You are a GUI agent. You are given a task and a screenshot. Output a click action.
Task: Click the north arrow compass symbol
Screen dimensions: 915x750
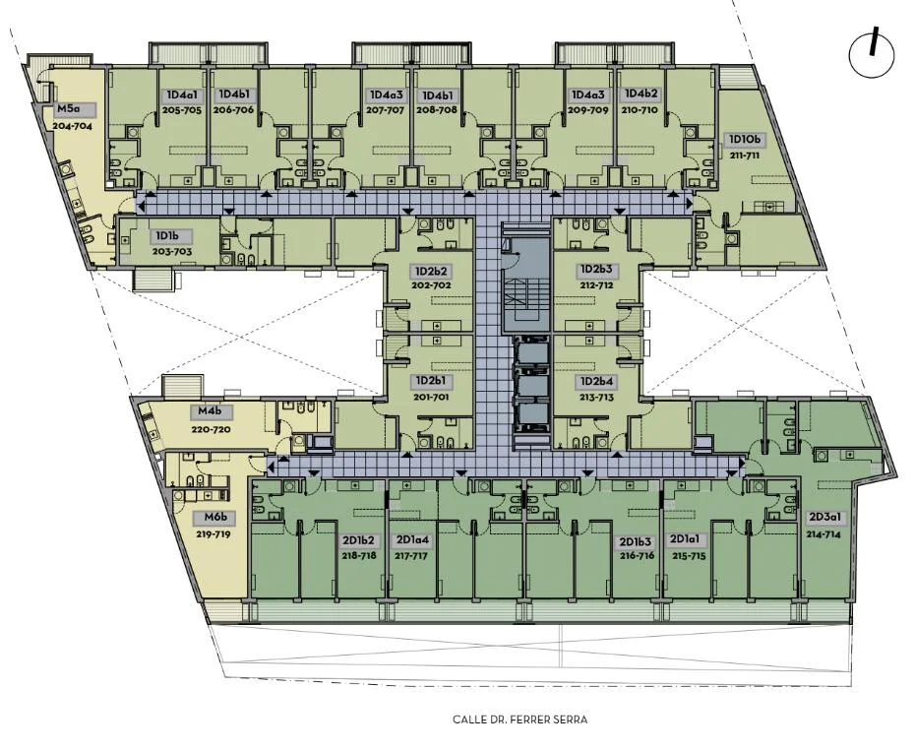[x=872, y=54]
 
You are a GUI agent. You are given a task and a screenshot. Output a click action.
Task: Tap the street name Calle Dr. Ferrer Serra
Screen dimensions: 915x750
[x=519, y=719]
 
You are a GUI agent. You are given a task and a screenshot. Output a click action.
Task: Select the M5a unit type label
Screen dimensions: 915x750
[x=67, y=108]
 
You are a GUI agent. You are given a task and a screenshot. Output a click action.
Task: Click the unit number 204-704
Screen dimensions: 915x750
[x=73, y=125]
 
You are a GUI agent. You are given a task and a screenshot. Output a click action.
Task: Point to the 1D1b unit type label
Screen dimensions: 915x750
[x=165, y=236]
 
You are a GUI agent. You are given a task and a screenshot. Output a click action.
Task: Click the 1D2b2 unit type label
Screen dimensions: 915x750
[x=431, y=272]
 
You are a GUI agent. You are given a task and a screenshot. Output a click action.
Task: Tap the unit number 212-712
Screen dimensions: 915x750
[x=596, y=286]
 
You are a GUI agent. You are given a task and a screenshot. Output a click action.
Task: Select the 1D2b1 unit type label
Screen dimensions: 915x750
[x=431, y=381]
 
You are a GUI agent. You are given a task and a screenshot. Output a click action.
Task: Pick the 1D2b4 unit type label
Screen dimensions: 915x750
[x=596, y=381]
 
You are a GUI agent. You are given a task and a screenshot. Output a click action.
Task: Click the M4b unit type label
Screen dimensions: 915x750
[x=210, y=410]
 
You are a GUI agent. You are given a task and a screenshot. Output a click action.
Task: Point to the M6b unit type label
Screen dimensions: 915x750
[x=212, y=517]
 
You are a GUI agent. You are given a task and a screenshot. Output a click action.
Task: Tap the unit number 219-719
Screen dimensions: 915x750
[x=213, y=534]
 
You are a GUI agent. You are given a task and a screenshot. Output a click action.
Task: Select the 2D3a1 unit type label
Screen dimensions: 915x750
[x=823, y=517]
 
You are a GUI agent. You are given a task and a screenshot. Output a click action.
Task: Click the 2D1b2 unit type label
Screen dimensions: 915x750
[x=359, y=540]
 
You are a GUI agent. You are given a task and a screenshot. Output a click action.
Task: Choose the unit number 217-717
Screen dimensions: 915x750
[x=411, y=556]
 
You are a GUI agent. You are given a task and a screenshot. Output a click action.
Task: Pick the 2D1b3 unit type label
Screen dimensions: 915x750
[x=637, y=540]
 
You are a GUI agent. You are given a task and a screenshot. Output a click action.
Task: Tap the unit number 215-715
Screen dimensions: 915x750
[x=689, y=556]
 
